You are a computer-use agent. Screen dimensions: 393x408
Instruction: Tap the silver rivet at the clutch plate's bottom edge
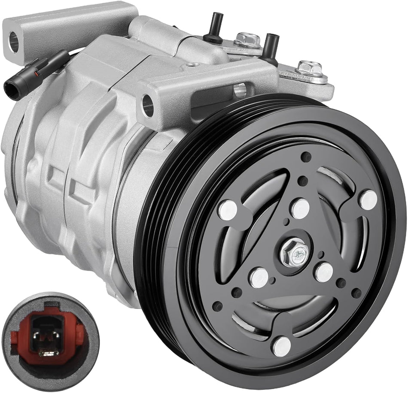(281, 346)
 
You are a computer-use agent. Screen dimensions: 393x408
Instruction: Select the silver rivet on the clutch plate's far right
(368, 200)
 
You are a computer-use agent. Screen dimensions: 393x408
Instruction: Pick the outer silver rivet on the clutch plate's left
(227, 209)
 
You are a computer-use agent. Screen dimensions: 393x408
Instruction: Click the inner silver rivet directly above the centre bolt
(300, 209)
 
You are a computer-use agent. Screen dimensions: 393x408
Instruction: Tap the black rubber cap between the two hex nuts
(271, 44)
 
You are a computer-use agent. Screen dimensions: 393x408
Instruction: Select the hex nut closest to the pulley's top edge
(309, 68)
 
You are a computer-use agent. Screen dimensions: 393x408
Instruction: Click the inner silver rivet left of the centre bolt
(259, 277)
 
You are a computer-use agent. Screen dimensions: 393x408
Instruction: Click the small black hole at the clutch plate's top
(306, 157)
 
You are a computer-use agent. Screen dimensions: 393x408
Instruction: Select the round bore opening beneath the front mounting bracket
(241, 90)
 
